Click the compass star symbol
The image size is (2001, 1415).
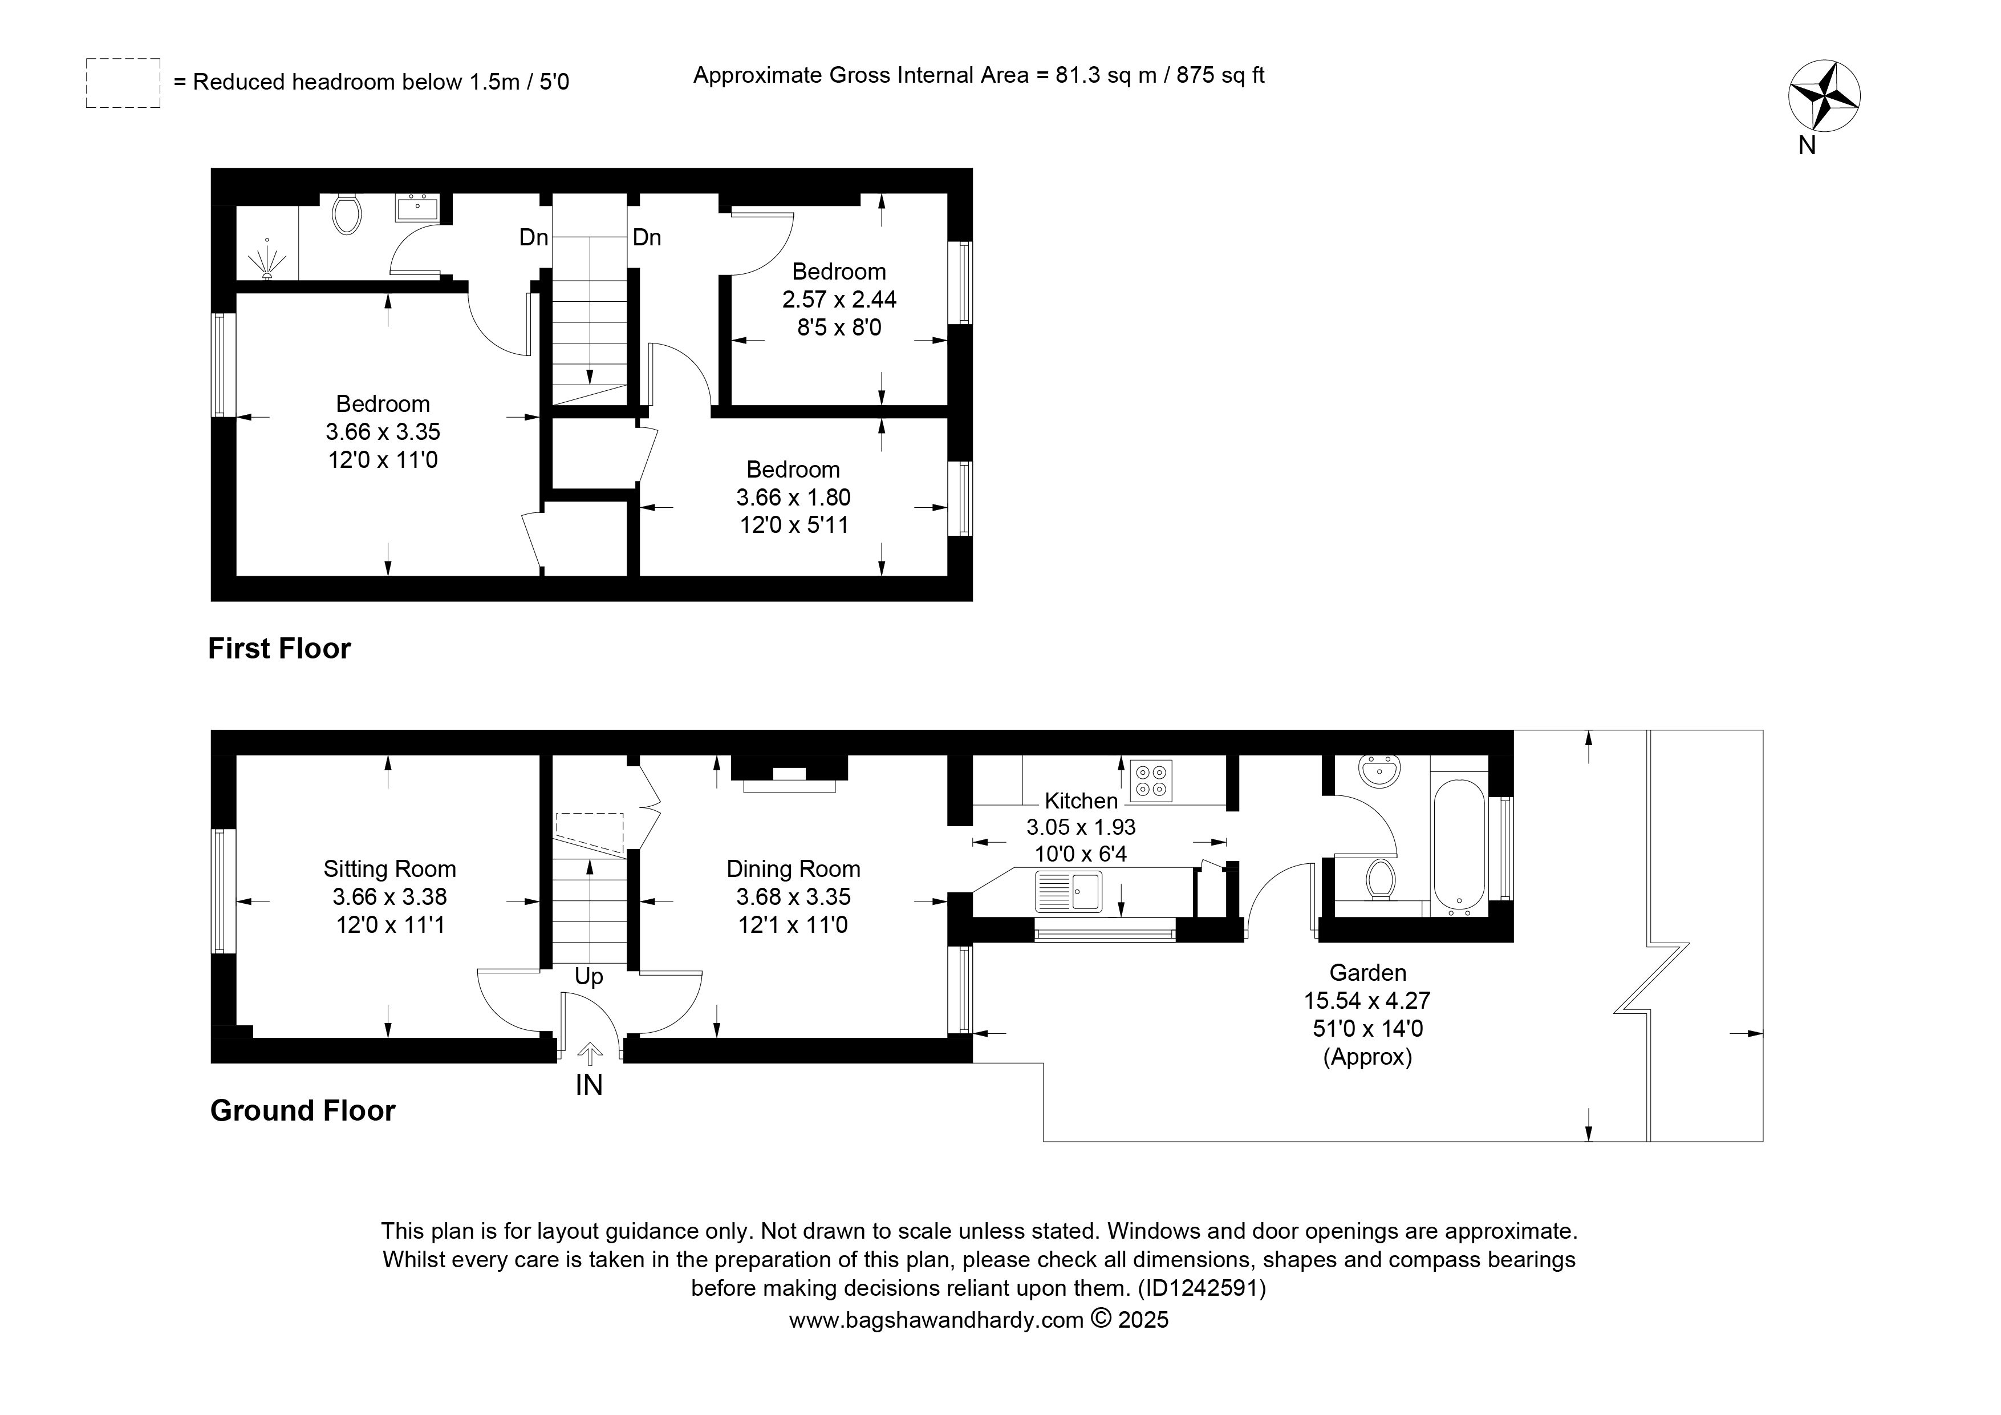coord(1824,96)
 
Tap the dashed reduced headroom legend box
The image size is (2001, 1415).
coord(123,83)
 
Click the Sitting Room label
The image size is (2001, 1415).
coord(389,868)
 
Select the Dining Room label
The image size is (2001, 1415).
coord(793,868)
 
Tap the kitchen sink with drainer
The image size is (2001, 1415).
coord(1069,892)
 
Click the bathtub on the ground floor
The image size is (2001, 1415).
coord(1459,845)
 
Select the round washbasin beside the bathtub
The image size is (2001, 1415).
coord(1379,771)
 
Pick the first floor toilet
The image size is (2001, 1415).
coord(347,213)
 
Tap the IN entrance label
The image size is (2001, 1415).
coord(589,1085)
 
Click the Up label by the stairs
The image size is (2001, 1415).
coord(589,976)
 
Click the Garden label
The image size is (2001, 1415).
coord(1367,972)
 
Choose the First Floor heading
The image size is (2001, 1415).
coord(279,649)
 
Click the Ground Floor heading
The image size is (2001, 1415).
coord(302,1111)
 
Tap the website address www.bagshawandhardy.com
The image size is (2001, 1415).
coord(936,1320)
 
